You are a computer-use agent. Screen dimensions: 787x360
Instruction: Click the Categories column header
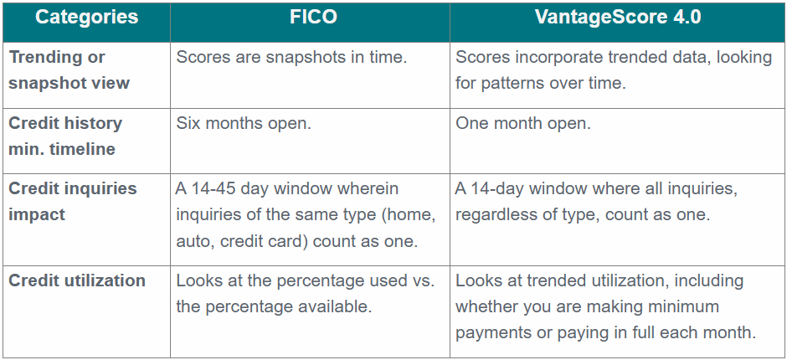[x=86, y=17]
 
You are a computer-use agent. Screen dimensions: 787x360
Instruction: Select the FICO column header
[x=313, y=17]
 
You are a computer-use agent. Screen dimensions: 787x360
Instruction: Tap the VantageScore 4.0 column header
[x=617, y=17]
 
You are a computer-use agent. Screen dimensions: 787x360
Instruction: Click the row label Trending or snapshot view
[x=69, y=69]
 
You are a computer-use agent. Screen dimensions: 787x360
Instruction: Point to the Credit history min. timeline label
[x=65, y=136]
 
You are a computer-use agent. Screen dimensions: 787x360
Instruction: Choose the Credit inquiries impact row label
[x=72, y=201]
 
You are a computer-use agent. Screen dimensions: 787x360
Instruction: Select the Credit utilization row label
[x=77, y=280]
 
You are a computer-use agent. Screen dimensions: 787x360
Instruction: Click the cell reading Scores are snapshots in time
[x=291, y=57]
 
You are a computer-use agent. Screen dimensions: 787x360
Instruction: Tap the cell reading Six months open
[x=244, y=124]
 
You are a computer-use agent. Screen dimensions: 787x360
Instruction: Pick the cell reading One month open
[x=523, y=124]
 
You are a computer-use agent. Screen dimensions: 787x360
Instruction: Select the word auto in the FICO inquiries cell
[x=193, y=241]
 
